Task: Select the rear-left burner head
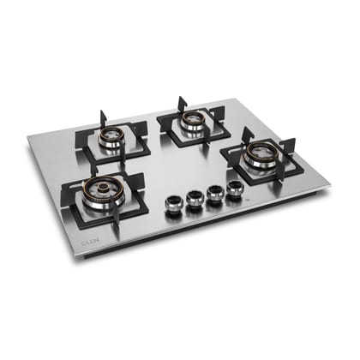point(112,136)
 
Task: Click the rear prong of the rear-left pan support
point(103,117)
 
